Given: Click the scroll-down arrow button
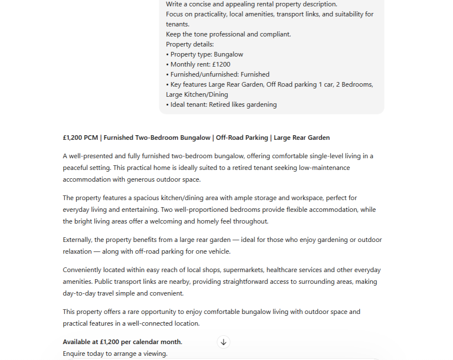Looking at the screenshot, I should point(224,342).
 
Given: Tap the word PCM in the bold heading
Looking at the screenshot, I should point(91,138).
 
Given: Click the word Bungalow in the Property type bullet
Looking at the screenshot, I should point(228,54).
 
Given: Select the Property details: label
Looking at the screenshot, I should point(190,44).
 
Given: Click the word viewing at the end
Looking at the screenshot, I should point(155,354).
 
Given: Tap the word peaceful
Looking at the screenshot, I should point(75,168).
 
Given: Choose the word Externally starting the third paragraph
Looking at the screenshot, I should point(77,240).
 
